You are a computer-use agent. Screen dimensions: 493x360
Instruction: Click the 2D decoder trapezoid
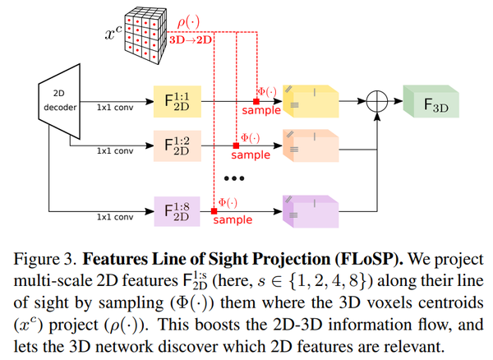60,101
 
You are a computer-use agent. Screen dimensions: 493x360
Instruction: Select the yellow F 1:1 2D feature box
177,102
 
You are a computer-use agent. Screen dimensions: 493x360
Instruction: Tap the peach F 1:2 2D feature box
177,145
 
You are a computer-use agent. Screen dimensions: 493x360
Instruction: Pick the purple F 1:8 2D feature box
177,211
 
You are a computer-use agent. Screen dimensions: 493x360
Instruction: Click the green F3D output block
431,102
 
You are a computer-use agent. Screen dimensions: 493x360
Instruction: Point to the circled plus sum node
377,101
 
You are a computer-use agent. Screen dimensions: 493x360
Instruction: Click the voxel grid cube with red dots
145,36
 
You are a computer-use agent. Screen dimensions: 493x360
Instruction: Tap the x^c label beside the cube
113,32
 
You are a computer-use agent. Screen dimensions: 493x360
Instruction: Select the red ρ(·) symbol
188,22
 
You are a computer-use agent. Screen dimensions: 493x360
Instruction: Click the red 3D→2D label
191,40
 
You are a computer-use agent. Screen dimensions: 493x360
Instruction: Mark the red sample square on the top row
256,101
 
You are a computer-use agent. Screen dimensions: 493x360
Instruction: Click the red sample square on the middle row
236,145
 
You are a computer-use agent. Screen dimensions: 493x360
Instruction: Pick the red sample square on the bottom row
214,211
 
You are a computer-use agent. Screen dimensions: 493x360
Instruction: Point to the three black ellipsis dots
234,178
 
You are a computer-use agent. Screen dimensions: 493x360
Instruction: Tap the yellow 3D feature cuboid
311,101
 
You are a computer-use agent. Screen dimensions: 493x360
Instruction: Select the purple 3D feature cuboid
311,211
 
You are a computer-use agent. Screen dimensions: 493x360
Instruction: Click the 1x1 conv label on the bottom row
115,217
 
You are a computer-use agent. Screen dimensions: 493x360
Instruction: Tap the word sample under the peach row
251,155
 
